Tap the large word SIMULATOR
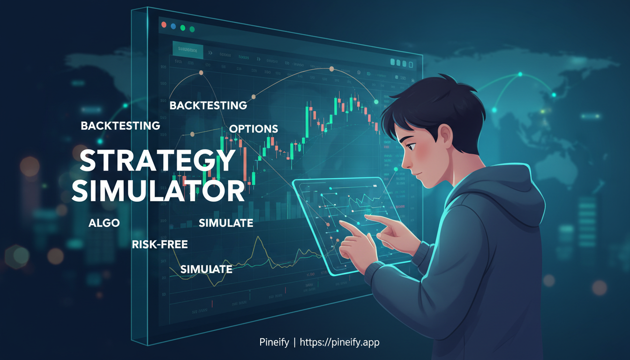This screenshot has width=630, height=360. [158, 191]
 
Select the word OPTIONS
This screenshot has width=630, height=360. [254, 129]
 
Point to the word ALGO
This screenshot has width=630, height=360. [104, 223]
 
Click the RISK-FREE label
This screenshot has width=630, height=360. [160, 244]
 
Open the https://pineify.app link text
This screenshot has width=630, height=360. [339, 343]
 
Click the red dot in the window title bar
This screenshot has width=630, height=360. [164, 24]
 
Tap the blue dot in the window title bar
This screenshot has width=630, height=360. [173, 27]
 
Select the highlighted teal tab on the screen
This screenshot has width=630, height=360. [187, 50]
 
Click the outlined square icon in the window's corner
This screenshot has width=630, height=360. [411, 64]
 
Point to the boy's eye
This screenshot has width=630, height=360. [410, 147]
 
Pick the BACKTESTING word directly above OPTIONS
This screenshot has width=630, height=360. [208, 105]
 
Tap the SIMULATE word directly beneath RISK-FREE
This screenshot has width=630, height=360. [206, 270]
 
